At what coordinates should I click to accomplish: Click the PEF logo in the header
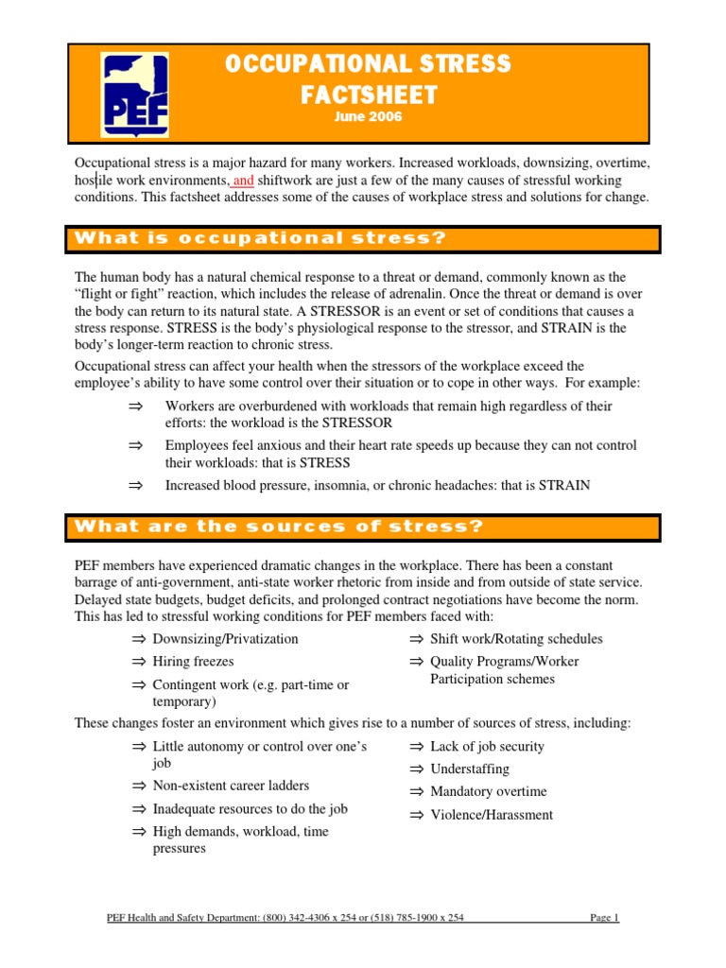(136, 95)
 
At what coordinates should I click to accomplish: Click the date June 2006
(368, 117)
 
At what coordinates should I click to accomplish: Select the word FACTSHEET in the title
(368, 95)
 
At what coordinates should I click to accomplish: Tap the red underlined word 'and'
(243, 180)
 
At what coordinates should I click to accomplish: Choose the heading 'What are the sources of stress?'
(279, 526)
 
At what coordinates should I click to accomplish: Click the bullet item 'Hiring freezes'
(193, 662)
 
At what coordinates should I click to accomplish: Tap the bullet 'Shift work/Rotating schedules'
(515, 639)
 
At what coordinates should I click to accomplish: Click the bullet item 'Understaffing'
(469, 769)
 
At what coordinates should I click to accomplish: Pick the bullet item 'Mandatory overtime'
(488, 791)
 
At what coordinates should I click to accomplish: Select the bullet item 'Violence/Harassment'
(492, 815)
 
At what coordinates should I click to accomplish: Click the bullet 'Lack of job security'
(487, 746)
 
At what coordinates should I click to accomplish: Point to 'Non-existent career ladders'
(231, 786)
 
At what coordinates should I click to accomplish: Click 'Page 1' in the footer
(603, 917)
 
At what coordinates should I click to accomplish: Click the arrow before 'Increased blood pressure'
(133, 486)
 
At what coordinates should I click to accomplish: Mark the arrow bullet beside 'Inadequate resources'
(139, 809)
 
